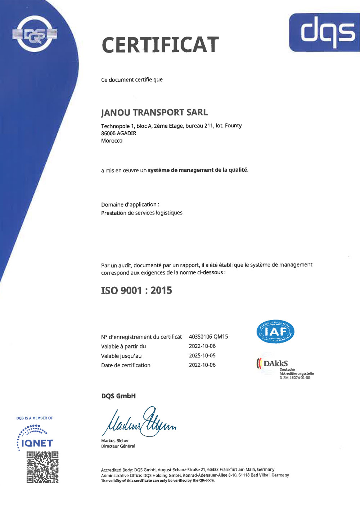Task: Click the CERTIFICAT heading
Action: coord(160,45)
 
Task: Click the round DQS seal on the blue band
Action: coord(35,35)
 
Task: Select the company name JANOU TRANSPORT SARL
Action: coord(154,113)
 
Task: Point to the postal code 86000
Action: coord(108,133)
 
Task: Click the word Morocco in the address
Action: coord(112,141)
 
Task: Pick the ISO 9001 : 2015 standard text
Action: coord(136,290)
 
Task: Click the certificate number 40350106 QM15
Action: coord(208,337)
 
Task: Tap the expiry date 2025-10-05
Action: coord(202,355)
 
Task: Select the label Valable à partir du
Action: coord(123,346)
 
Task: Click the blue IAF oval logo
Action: coord(275,331)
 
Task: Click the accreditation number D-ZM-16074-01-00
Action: coord(294,378)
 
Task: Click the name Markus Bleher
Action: coord(115,441)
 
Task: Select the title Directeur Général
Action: coord(118,446)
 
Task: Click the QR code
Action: coord(42,467)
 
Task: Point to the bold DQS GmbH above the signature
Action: coord(118,396)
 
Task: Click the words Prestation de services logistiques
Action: coord(141,213)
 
